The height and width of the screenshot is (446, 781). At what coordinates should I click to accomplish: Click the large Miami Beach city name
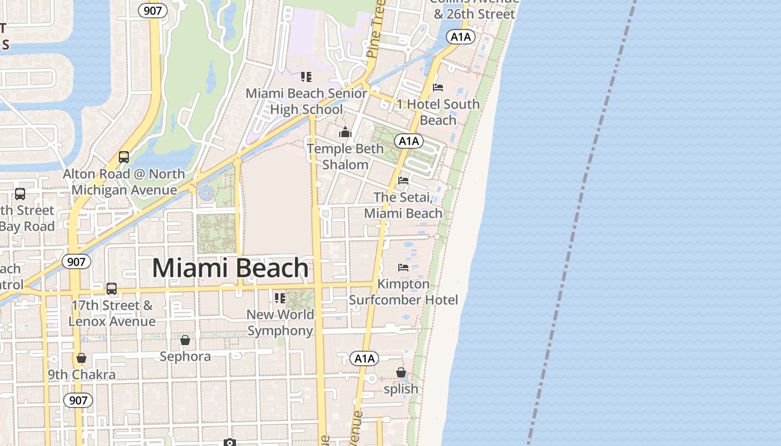coord(230,268)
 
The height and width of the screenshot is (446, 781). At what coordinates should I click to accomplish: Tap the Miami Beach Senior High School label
coord(306,101)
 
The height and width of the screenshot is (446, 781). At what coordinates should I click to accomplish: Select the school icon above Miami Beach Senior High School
coord(306,76)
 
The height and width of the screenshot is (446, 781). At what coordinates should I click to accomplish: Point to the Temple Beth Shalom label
coord(345,157)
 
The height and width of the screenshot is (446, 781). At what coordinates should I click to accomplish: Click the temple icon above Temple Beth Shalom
coord(345,132)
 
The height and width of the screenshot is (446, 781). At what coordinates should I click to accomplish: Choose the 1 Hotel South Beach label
coord(438,112)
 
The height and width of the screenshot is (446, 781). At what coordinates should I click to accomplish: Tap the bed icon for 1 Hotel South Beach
coord(438,88)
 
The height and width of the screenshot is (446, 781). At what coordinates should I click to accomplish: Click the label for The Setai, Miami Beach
coord(403,205)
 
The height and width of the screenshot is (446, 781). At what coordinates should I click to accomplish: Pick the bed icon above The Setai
coord(403,181)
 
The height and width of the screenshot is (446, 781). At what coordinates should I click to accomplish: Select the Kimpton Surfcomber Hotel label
coord(403,292)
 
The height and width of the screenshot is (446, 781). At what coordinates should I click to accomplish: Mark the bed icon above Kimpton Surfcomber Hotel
coord(403,268)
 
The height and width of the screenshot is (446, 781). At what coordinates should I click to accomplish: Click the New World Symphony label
coord(280,322)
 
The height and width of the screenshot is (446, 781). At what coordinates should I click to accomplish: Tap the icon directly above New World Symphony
coord(280,298)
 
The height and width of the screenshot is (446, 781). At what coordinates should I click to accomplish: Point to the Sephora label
coord(185,356)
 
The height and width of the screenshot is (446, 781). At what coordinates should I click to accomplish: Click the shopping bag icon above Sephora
coord(185,340)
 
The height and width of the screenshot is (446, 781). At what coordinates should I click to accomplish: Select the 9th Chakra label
coord(81,374)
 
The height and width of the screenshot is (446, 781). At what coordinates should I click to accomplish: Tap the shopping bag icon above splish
coord(401,372)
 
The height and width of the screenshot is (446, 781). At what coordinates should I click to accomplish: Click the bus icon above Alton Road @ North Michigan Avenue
coord(124,157)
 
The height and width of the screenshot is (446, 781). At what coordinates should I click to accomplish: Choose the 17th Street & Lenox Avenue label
coord(112,313)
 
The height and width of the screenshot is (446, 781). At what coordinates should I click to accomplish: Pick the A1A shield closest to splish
coord(364,358)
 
